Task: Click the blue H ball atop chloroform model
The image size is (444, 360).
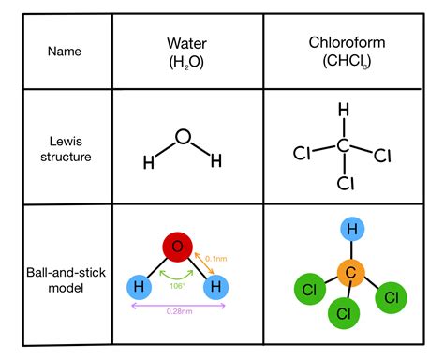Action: (349, 229)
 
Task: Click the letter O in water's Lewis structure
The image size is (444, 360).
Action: (183, 138)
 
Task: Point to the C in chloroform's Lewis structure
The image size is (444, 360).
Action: (343, 145)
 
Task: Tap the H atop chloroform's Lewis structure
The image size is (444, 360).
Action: (343, 111)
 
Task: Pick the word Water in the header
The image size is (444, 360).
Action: (183, 43)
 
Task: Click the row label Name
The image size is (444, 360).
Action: (64, 51)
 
